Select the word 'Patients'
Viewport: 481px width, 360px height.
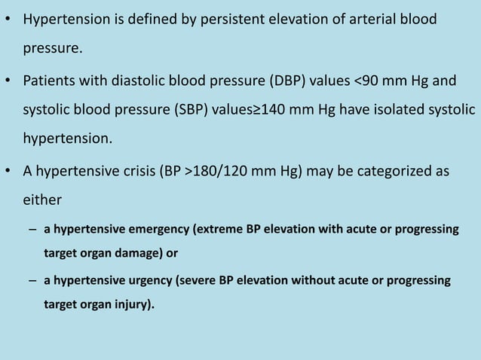tap(49, 81)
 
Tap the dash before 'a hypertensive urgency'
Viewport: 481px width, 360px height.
tap(34, 281)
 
